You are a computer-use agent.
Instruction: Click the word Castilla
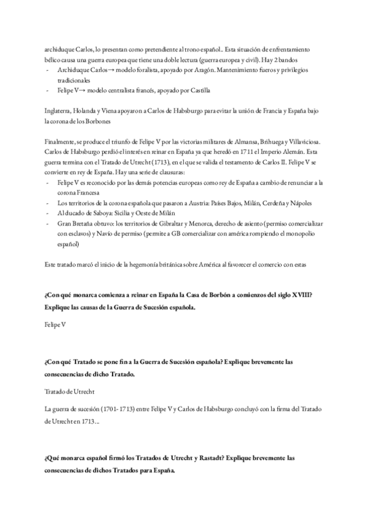[198, 90]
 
